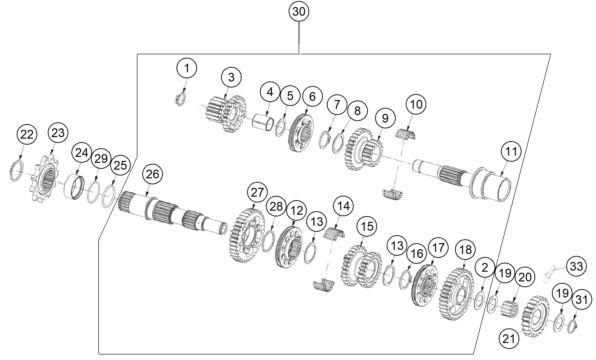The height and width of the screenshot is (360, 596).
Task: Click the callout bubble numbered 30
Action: click(298, 12)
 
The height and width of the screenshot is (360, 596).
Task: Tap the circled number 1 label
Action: click(187, 68)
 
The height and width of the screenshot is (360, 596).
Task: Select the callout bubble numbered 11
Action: click(511, 151)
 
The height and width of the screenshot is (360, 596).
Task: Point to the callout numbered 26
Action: click(152, 174)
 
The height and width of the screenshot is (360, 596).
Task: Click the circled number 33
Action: click(576, 266)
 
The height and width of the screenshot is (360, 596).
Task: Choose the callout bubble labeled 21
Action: click(509, 338)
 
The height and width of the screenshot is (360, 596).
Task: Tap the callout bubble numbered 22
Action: click(27, 135)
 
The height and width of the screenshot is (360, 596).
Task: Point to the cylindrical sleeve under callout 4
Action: click(263, 121)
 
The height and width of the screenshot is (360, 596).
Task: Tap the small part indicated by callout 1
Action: click(180, 100)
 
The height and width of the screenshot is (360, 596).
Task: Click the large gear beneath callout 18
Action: click(456, 294)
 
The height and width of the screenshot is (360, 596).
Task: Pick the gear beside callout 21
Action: click(535, 316)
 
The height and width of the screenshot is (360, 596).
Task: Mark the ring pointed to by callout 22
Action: click(16, 171)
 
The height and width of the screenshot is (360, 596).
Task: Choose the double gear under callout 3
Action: click(226, 113)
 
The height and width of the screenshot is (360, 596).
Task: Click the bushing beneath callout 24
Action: click(75, 186)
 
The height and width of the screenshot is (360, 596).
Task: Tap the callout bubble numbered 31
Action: click(582, 300)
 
